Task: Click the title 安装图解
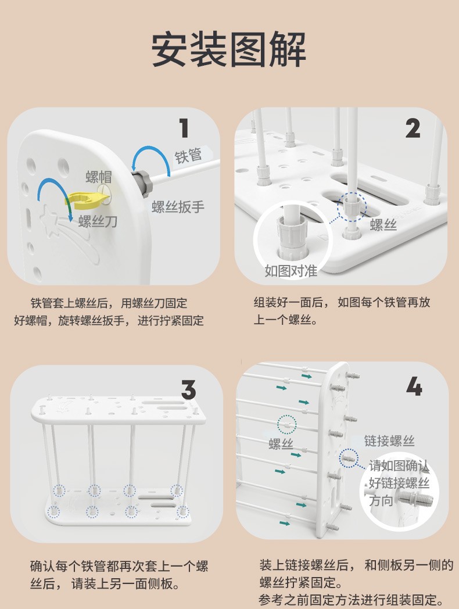pyautogui.click(x=229, y=50)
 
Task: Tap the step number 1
pyautogui.click(x=184, y=128)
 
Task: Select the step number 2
pyautogui.click(x=413, y=128)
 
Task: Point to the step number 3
pyautogui.click(x=188, y=389)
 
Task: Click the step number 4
pyautogui.click(x=414, y=387)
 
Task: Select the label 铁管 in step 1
pyautogui.click(x=188, y=155)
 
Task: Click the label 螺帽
pyautogui.click(x=99, y=177)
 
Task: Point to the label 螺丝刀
pyautogui.click(x=98, y=221)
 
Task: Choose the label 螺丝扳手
pyautogui.click(x=178, y=207)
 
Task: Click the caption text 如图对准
pyautogui.click(x=291, y=271)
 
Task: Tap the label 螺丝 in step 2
pyautogui.click(x=383, y=224)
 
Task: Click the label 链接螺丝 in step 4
pyautogui.click(x=389, y=441)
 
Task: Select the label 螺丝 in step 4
pyautogui.click(x=281, y=444)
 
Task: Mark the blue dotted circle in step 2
pyautogui.click(x=352, y=207)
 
